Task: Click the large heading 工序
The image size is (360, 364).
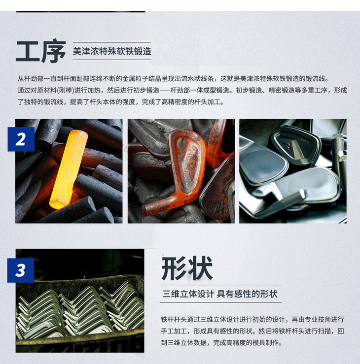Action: pyautogui.click(x=41, y=52)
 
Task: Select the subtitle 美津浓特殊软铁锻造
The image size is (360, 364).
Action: pyautogui.click(x=112, y=51)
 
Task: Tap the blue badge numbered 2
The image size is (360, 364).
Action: pyautogui.click(x=21, y=139)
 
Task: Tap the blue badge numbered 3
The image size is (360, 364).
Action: pyautogui.click(x=21, y=270)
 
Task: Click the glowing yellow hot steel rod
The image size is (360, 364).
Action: pyautogui.click(x=69, y=169)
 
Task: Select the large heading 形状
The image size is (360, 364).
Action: pyautogui.click(x=187, y=268)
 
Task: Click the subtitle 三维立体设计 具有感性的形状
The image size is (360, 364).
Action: pyautogui.click(x=220, y=294)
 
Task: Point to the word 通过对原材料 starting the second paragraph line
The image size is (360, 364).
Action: pyautogui.click(x=37, y=90)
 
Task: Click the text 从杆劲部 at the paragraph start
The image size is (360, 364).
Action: pyautogui.click(x=31, y=79)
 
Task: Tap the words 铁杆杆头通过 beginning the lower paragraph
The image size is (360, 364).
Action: pyautogui.click(x=180, y=320)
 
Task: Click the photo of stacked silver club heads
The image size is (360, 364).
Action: pyautogui.click(x=80, y=300)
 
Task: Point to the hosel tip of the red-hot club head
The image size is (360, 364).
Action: pyautogui.click(x=145, y=210)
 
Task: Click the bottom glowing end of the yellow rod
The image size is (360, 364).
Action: pyautogui.click(x=58, y=205)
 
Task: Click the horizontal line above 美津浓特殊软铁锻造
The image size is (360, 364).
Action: pyautogui.click(x=112, y=42)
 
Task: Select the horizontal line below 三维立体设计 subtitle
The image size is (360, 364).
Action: pyautogui.click(x=220, y=302)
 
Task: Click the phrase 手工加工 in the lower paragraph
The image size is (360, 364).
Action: pyautogui.click(x=174, y=331)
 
